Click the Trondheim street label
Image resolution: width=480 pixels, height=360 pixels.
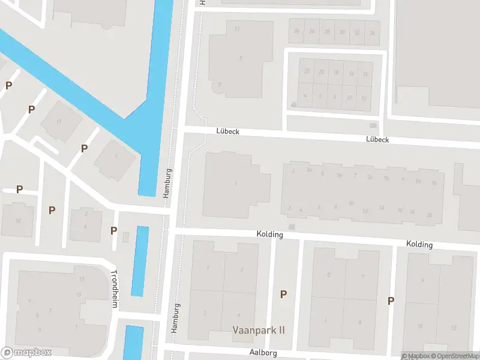[x=114, y=289]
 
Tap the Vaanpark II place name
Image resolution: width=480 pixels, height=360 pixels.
[x=259, y=330]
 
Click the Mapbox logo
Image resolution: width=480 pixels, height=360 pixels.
[x=26, y=353]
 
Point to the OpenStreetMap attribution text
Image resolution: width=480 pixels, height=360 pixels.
[x=455, y=356]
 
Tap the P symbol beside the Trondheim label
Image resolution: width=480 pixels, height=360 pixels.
[x=113, y=231]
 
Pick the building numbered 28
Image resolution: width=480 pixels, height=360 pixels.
[x=326, y=32]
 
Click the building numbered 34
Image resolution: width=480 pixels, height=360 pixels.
[x=373, y=32]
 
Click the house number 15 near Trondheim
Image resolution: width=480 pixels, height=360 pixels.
[x=82, y=280]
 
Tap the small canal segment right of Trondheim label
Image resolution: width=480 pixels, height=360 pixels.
[x=140, y=261]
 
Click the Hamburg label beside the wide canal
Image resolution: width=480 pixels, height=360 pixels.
[x=168, y=183]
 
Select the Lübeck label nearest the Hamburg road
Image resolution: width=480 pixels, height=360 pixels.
[x=228, y=130]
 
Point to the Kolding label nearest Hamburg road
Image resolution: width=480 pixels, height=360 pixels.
[x=269, y=234]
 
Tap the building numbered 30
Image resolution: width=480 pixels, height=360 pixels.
[x=342, y=32]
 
